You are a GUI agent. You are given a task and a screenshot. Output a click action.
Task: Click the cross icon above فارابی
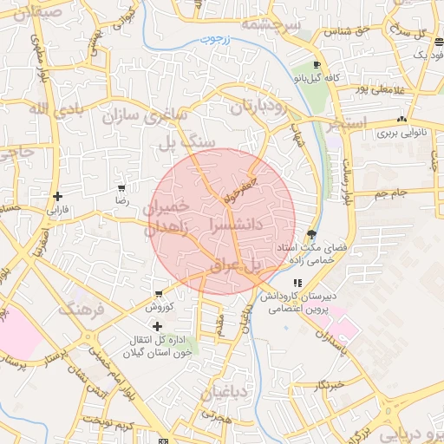(57, 196)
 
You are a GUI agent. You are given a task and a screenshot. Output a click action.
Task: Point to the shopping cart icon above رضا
(121, 187)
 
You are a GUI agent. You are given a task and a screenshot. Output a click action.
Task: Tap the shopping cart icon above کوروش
(159, 294)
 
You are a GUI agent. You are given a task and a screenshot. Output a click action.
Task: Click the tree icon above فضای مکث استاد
(311, 234)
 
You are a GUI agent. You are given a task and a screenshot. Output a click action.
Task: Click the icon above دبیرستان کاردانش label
(297, 283)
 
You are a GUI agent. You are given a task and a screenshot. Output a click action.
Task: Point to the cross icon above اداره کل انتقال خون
(156, 325)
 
